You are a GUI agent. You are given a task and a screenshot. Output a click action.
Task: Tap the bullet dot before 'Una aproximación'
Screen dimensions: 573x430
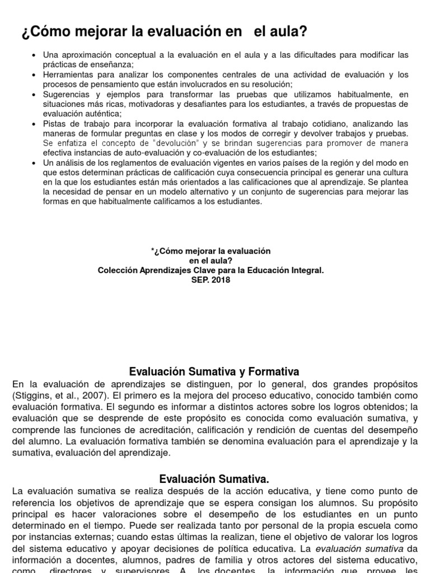tap(35, 55)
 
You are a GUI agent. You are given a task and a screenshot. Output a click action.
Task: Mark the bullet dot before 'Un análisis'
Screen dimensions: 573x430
tap(35, 163)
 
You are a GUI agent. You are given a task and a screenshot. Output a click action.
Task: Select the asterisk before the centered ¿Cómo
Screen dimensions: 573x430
tap(153, 251)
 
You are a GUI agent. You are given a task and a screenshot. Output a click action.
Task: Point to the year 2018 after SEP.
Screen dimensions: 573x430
tap(221, 280)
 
